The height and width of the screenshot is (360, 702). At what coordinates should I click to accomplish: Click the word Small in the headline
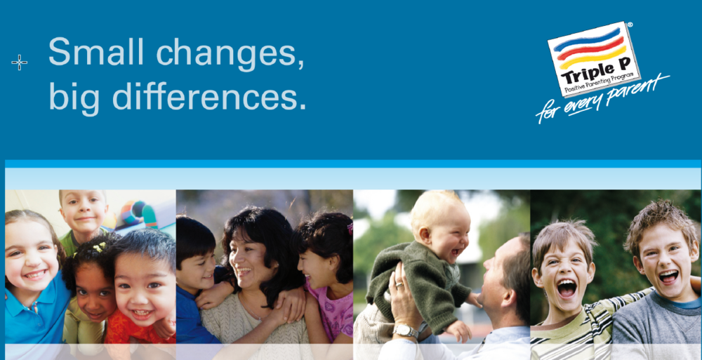pos(95,51)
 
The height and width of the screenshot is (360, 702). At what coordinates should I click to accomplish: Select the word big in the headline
pos(74,97)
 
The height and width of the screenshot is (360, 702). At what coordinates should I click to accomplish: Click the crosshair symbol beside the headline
pos(19,62)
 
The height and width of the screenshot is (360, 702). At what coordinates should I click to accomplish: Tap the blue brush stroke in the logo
pos(588,38)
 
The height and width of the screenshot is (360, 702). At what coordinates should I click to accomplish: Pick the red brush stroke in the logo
pos(591,48)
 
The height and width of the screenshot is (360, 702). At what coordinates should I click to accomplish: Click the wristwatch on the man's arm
pos(406,331)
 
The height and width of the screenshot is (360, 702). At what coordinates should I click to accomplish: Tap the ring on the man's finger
pos(399,284)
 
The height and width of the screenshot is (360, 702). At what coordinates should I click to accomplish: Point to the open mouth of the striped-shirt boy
pos(567,288)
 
